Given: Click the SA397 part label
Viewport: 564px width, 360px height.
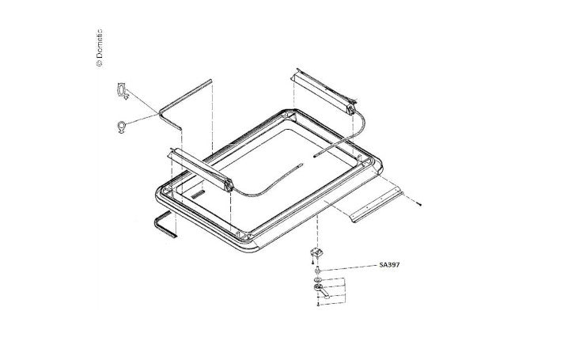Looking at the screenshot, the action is pyautogui.click(x=389, y=265).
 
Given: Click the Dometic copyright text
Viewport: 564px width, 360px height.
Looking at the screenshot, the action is pyautogui.click(x=100, y=47).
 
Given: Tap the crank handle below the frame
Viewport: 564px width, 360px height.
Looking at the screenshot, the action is pyautogui.click(x=321, y=290).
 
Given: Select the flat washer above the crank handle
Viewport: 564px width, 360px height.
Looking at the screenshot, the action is pyautogui.click(x=317, y=280).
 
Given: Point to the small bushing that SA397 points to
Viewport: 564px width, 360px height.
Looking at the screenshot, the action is pyautogui.click(x=317, y=270).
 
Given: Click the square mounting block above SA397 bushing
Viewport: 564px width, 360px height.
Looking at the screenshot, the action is pyautogui.click(x=316, y=252).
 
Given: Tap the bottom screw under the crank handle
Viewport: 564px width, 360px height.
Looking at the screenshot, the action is pyautogui.click(x=318, y=305).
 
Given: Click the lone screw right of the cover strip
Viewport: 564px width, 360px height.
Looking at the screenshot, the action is pyautogui.click(x=419, y=204).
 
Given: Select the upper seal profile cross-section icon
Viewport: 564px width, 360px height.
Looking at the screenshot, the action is pyautogui.click(x=122, y=91).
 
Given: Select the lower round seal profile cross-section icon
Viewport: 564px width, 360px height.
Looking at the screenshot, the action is pyautogui.click(x=122, y=127).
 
